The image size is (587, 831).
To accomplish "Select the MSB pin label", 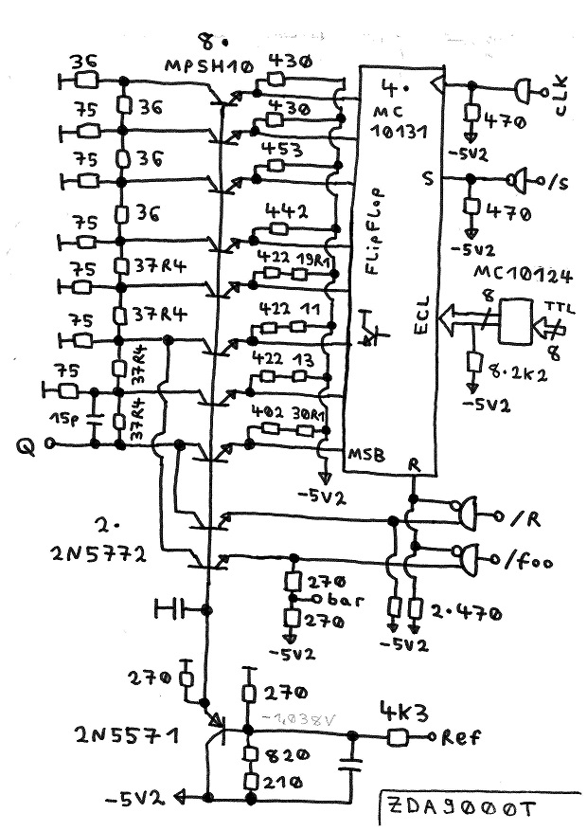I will coord(367,456).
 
